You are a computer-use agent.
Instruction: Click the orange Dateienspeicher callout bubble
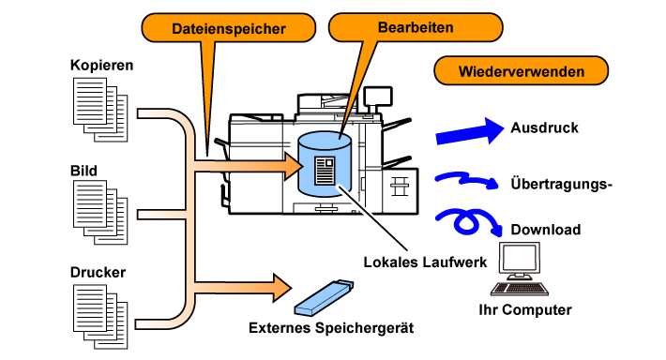click(x=229, y=28)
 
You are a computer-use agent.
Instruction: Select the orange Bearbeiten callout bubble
click(x=416, y=27)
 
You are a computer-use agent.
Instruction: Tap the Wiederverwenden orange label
click(x=522, y=71)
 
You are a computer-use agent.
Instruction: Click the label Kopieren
click(x=101, y=65)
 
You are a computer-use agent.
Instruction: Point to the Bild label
click(x=83, y=171)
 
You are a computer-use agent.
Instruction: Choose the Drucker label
click(x=98, y=272)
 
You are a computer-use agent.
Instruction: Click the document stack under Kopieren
click(x=100, y=110)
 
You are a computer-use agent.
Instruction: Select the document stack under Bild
click(x=100, y=212)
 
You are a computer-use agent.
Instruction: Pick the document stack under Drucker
click(x=100, y=317)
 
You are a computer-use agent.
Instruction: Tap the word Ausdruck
click(x=544, y=127)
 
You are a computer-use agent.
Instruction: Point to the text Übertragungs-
click(x=561, y=184)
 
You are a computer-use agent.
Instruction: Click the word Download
click(x=545, y=230)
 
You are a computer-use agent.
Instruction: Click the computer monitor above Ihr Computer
click(x=519, y=260)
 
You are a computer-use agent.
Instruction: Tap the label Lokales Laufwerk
click(x=425, y=262)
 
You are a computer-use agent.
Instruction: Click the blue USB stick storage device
click(x=324, y=297)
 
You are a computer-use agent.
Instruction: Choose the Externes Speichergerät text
click(x=331, y=328)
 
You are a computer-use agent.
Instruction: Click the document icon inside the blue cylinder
click(x=325, y=171)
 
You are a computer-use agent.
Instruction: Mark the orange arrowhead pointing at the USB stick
click(x=282, y=288)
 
